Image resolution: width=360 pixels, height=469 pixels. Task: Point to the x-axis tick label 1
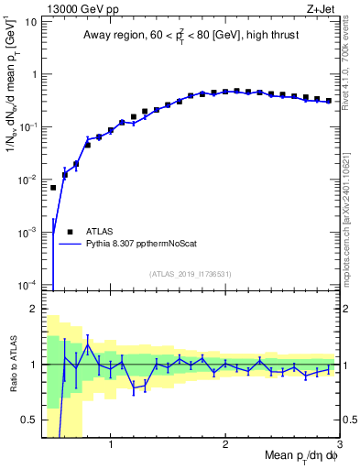coord(111,445)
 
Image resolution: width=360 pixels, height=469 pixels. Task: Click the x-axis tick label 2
coord(225,445)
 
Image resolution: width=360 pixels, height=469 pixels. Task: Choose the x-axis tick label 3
coord(338,445)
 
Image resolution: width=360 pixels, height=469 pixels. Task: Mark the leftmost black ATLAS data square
coord(53,188)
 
